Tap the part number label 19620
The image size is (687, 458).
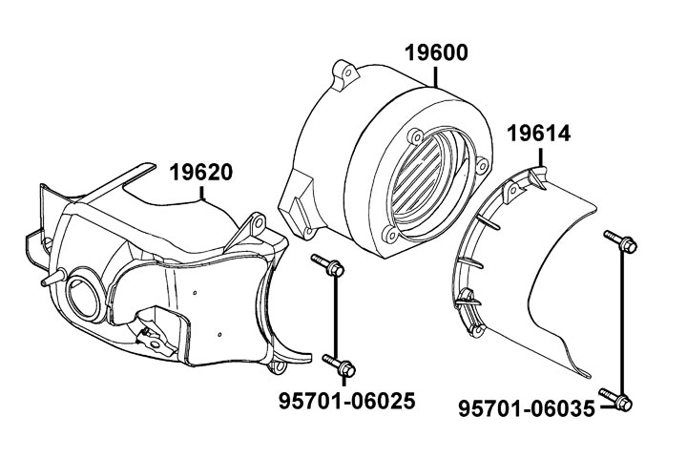[202, 174]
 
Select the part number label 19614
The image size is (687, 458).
[539, 134]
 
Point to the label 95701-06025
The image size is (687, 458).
[346, 402]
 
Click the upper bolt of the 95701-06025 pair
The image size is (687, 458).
[328, 266]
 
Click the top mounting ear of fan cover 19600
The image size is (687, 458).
[345, 71]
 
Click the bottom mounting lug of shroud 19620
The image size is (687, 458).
[282, 364]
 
